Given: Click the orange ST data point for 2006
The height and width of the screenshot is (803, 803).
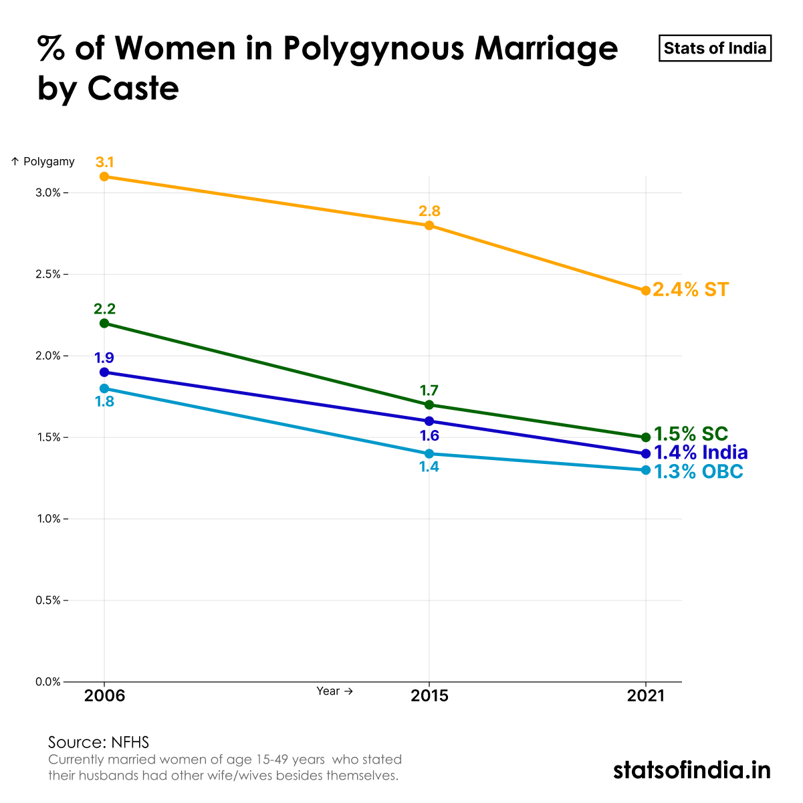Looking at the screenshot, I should click(104, 177).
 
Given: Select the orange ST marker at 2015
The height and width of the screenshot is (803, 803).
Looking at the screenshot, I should click(429, 225).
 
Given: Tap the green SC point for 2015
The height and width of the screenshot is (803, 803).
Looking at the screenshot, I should click(429, 405).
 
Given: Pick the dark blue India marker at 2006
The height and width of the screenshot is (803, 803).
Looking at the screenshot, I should click(104, 372).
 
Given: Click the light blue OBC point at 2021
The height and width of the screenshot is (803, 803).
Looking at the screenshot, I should click(646, 470).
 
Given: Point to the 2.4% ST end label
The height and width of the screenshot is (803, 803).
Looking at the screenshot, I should click(691, 290).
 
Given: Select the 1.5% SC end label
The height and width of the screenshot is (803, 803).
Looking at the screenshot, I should click(691, 434).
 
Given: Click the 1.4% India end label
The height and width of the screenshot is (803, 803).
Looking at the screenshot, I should click(700, 453).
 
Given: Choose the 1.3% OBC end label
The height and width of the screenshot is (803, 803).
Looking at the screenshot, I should click(698, 472).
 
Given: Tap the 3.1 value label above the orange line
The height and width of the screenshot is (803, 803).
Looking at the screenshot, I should click(104, 162).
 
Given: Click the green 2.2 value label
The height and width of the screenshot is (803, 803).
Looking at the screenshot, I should click(104, 309).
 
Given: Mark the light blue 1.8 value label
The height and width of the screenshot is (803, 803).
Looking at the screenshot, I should click(104, 402).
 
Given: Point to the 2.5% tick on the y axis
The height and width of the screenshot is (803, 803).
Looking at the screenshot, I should click(48, 275).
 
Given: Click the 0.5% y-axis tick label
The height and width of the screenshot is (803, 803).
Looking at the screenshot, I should click(48, 600).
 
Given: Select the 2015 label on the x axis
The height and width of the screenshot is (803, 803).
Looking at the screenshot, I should click(429, 696).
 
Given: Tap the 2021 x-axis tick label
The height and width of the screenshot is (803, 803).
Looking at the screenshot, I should click(646, 696).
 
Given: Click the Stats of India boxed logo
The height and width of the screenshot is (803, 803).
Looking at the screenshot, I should click(715, 49).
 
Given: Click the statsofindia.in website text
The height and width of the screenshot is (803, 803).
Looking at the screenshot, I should click(691, 770).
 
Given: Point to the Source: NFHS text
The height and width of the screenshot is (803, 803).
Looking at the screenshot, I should click(98, 742).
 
